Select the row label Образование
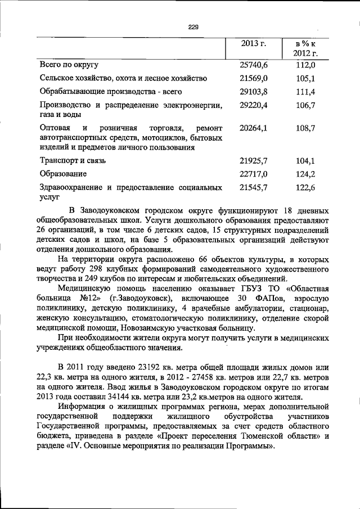(64, 174)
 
